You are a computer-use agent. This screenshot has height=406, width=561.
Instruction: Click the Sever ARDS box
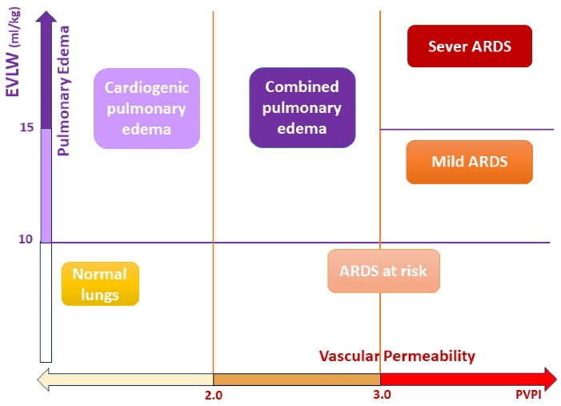coord(469,46)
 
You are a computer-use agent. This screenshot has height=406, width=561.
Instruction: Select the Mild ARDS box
coord(469,162)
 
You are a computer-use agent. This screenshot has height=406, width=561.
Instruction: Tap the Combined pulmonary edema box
coord(302,107)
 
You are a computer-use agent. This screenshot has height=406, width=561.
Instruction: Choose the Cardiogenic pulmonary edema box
coord(146,107)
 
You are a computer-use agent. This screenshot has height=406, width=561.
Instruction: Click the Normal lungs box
coord(100,283)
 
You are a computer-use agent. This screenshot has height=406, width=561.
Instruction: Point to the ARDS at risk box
coord(383,271)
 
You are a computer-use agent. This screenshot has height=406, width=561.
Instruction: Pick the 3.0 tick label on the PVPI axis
coord(381,396)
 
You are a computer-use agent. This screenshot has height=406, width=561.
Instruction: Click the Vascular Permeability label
coord(397,356)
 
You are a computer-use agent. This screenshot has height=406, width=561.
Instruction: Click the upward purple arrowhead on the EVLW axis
coord(46,18)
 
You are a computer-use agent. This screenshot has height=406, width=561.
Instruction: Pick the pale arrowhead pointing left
coord(42,378)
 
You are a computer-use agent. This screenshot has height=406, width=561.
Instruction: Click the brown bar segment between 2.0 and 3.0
coord(296,378)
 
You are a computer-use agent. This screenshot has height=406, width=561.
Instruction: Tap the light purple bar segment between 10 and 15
coord(46,184)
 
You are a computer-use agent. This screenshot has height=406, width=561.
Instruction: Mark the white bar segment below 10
coord(46,301)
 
